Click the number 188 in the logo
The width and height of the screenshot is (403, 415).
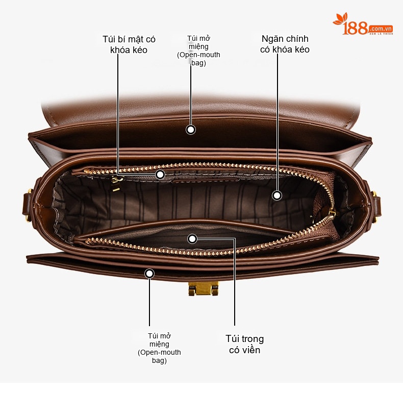(355, 28)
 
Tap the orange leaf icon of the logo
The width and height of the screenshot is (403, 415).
(340, 19)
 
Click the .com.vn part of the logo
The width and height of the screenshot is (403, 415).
(381, 29)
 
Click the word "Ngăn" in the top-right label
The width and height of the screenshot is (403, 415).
(271, 39)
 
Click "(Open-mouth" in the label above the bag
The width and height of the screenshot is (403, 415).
(198, 55)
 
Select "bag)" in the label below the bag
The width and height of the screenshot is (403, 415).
(159, 360)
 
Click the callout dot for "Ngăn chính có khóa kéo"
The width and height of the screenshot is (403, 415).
(277, 196)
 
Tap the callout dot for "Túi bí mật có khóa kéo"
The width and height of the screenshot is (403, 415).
(160, 175)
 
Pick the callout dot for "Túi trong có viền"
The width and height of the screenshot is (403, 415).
(192, 239)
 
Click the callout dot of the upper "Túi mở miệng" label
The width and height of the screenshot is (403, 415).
(191, 130)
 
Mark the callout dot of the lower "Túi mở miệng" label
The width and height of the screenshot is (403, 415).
(149, 274)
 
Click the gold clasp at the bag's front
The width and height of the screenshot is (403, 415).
(204, 288)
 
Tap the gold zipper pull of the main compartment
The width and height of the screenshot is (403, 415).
(332, 213)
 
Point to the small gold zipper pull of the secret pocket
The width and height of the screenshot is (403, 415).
(116, 184)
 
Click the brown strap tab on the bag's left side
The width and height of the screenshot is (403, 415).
(27, 204)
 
